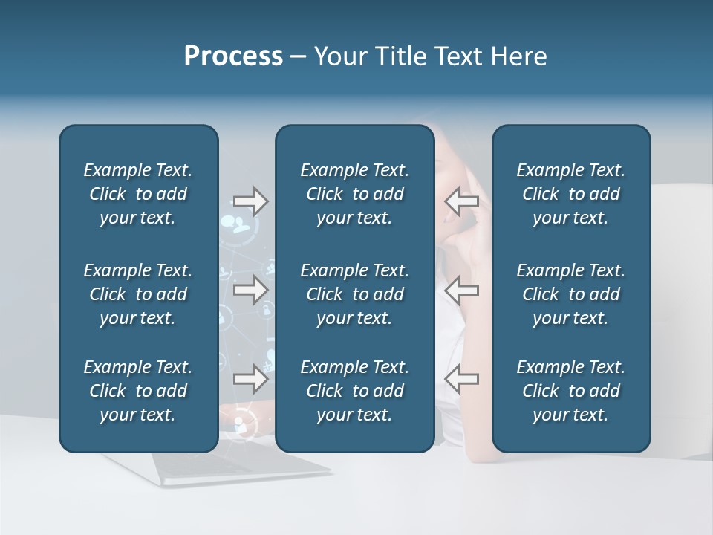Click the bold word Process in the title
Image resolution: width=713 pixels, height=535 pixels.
(x=233, y=56)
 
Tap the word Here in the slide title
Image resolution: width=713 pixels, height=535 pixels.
(x=518, y=56)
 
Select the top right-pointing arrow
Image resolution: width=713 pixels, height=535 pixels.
(x=250, y=201)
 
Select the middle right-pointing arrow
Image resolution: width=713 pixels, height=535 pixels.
(x=250, y=290)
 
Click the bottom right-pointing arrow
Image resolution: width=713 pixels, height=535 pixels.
(x=250, y=379)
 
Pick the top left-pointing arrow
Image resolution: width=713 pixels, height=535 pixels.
(x=461, y=201)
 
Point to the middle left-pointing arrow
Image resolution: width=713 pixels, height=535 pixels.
(x=461, y=290)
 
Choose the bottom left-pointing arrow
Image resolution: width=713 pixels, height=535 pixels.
(x=461, y=379)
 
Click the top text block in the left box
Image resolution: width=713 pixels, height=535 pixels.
(x=138, y=194)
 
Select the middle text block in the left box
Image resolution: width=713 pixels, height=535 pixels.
(x=138, y=294)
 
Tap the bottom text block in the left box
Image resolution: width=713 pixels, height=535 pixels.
(x=138, y=391)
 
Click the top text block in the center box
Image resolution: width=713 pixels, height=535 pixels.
(x=354, y=194)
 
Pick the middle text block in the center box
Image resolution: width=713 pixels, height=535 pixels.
(x=354, y=294)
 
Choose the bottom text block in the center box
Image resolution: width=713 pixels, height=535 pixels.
(x=354, y=391)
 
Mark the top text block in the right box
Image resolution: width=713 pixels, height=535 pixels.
(x=570, y=194)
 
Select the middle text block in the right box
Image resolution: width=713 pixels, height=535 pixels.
(x=570, y=294)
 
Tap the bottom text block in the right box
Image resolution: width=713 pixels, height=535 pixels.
(x=570, y=391)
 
